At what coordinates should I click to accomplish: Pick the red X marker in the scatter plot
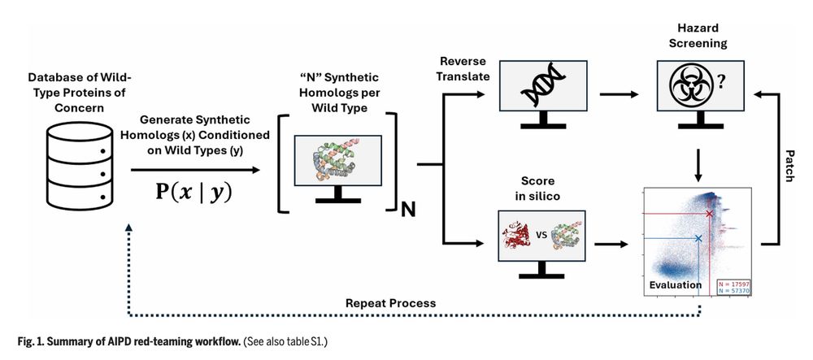click(x=709, y=214)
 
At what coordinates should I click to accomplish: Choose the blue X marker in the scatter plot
click(x=698, y=238)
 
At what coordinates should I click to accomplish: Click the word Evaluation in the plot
click(x=676, y=285)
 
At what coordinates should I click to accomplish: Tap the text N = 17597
click(x=734, y=283)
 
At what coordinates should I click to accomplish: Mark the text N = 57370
click(x=734, y=291)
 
